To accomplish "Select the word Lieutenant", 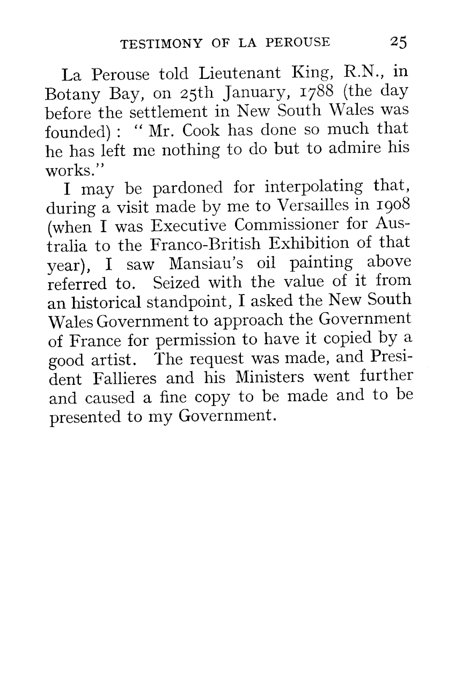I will point(239,73).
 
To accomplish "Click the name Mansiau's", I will point(206,264).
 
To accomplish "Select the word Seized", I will point(176,282).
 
